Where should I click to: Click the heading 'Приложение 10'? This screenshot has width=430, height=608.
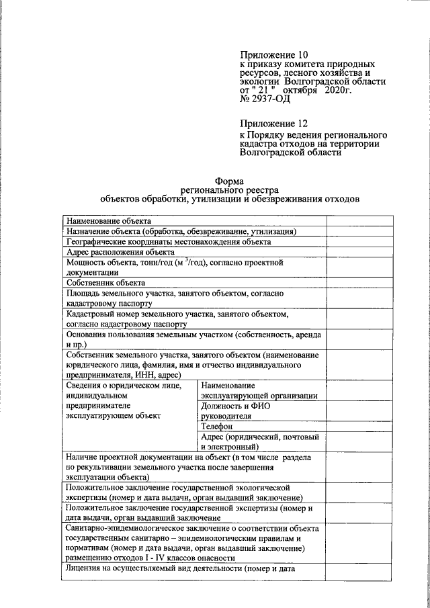(x=273, y=54)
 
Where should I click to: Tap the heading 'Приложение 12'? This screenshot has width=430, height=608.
(x=273, y=124)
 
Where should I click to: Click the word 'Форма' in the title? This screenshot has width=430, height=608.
(x=229, y=180)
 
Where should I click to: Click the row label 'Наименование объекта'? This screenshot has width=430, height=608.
(x=108, y=221)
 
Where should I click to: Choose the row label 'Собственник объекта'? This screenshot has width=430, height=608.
(x=105, y=283)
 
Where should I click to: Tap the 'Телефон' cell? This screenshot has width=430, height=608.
(x=216, y=426)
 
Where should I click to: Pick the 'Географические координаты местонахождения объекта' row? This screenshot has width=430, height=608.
(x=168, y=242)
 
